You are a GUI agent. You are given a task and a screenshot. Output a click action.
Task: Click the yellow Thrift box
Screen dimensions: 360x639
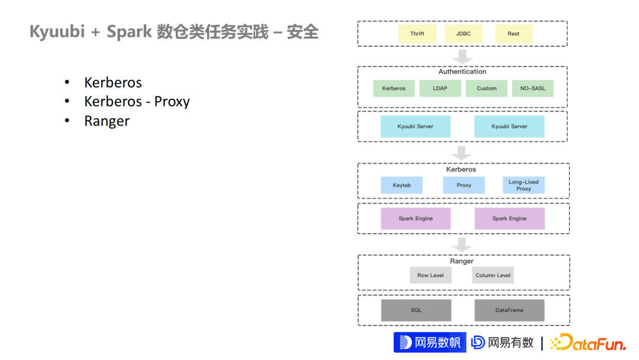click(x=417, y=34)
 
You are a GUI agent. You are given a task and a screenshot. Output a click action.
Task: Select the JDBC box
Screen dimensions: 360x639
click(x=463, y=34)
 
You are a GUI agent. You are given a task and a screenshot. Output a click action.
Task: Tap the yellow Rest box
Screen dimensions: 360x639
click(x=514, y=34)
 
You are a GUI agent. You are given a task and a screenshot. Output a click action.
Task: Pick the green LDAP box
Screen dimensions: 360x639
click(x=440, y=88)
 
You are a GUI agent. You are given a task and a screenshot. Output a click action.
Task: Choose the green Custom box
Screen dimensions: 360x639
click(x=486, y=88)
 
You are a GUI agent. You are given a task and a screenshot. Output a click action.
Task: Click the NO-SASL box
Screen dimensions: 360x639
click(x=532, y=88)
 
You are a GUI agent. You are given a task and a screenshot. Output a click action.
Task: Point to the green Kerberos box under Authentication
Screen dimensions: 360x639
click(x=394, y=88)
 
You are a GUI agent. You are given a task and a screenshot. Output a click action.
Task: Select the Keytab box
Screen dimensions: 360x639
click(x=402, y=185)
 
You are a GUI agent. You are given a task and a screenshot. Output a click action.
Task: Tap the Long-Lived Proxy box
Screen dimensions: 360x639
click(x=524, y=185)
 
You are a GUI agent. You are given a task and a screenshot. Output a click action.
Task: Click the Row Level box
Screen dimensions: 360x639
click(x=431, y=275)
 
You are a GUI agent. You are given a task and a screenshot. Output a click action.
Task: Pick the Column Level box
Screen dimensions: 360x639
click(x=493, y=275)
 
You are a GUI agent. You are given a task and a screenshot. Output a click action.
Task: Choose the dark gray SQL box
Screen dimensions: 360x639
click(x=416, y=310)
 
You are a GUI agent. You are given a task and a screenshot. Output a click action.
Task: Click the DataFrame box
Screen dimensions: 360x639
click(x=509, y=310)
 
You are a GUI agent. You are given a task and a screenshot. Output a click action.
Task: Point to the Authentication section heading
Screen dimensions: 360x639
click(x=462, y=72)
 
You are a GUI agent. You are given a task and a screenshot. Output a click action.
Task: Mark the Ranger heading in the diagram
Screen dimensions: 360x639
click(x=461, y=261)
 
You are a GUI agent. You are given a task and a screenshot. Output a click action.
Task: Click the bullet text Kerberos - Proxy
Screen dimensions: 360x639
click(x=137, y=101)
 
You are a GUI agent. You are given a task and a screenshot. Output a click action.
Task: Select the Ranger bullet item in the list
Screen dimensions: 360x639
click(x=106, y=121)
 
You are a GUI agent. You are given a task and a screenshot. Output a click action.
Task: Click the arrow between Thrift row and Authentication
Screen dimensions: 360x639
click(x=462, y=57)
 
